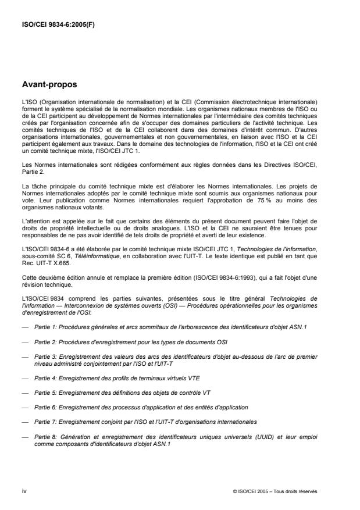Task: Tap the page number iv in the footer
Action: tap(24, 491)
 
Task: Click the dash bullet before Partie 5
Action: tap(24, 393)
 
